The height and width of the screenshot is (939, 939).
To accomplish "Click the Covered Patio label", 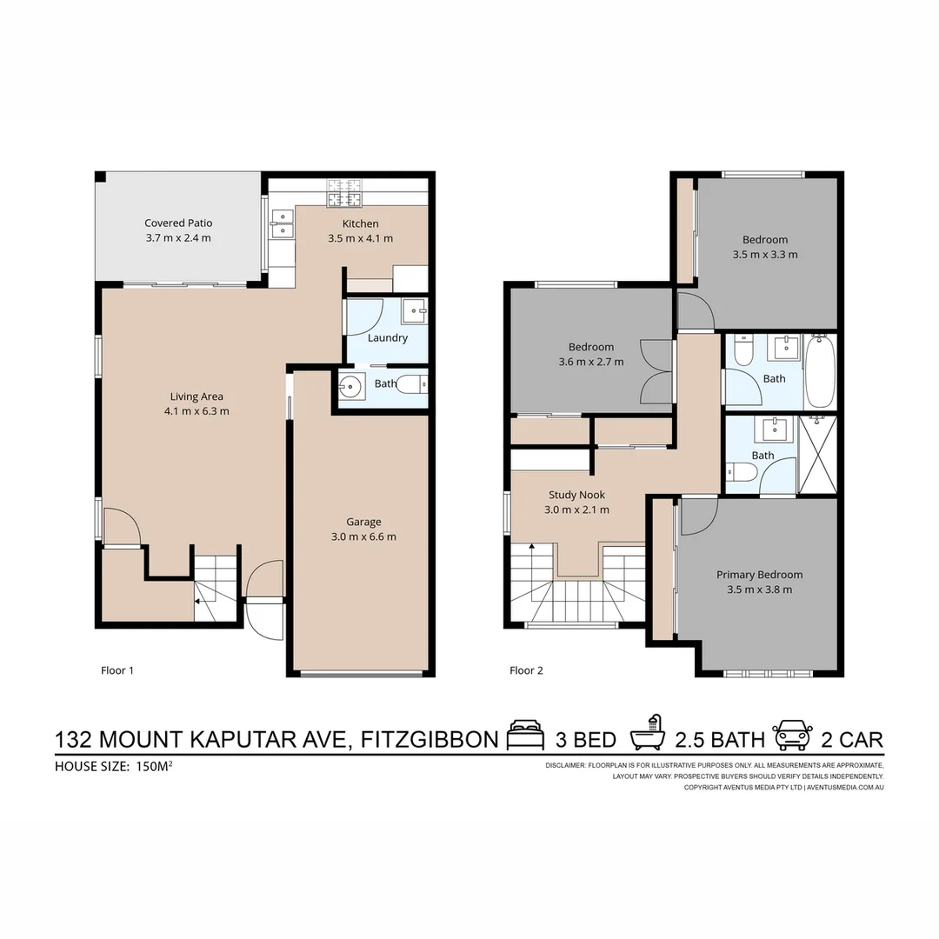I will point(178,223).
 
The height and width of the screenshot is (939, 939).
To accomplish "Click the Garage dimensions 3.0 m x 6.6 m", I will point(363,536).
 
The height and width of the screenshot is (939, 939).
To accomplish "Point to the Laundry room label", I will point(388,337).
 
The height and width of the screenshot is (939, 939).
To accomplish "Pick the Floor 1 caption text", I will point(117,670).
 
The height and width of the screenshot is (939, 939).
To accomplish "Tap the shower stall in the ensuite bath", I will point(817,455).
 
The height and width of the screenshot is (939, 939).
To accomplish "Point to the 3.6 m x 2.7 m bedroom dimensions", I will point(591,362).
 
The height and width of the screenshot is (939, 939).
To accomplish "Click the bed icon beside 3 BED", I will point(526,737).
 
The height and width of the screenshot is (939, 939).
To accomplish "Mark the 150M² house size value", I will point(154,766).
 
